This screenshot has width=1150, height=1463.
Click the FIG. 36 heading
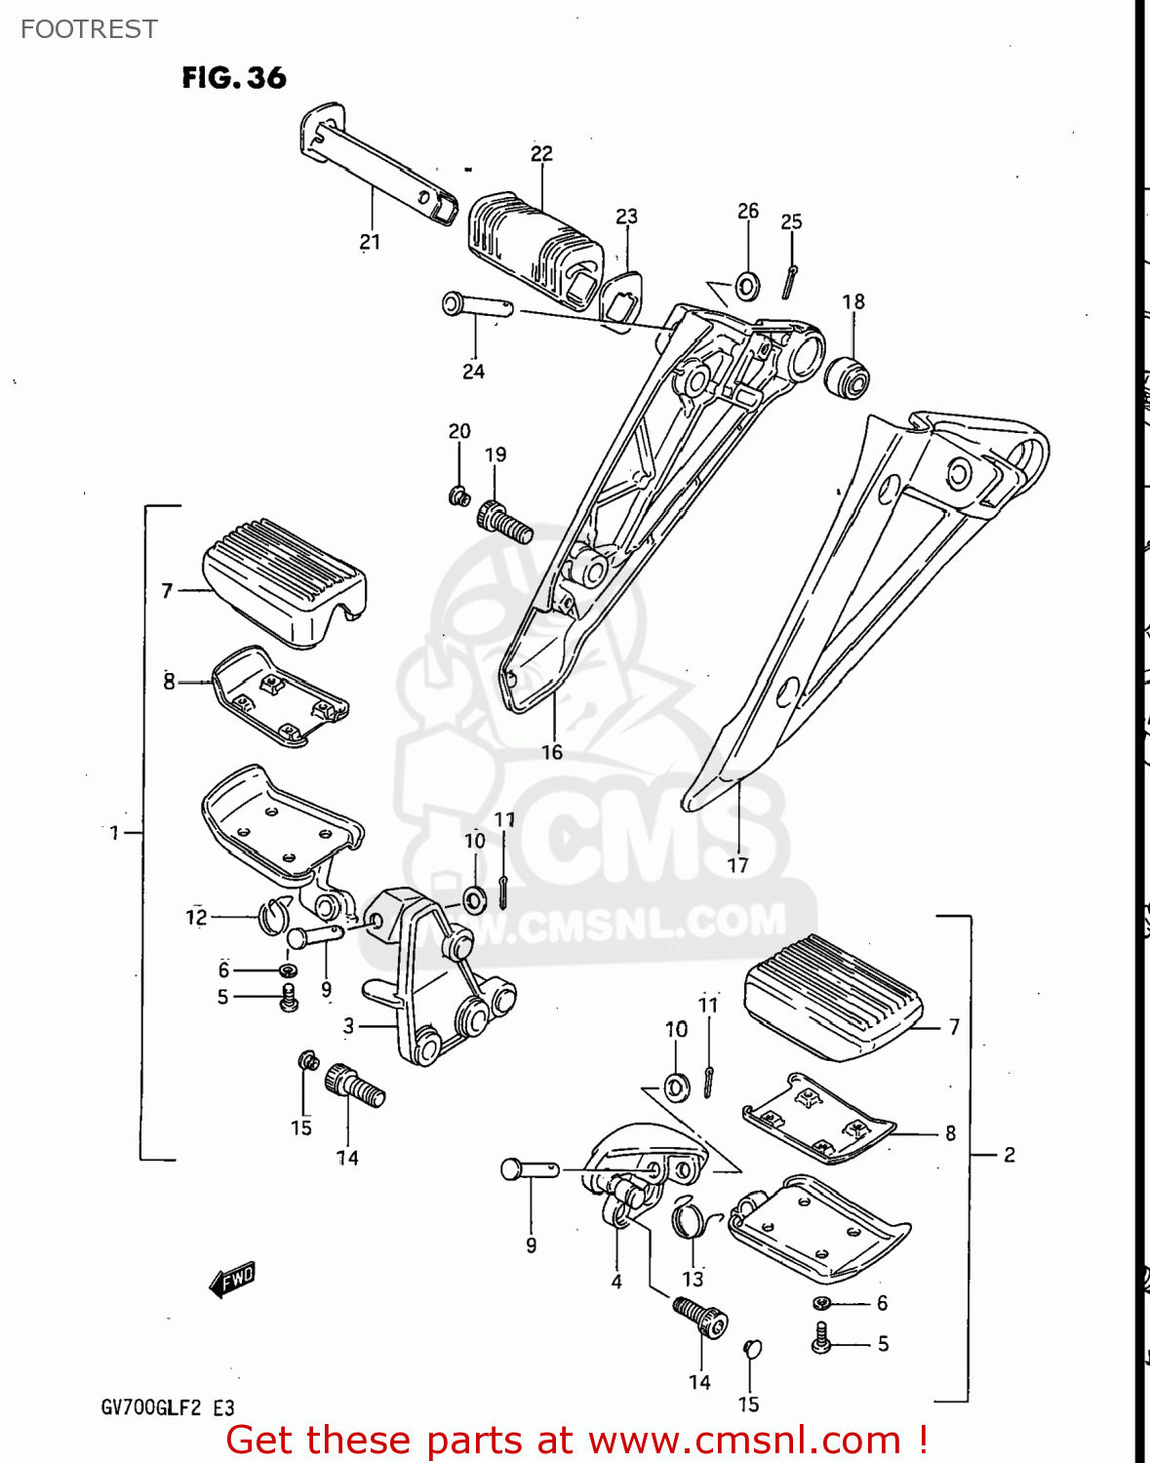(x=234, y=78)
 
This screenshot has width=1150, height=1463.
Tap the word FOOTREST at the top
(x=89, y=29)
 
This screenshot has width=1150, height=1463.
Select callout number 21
(x=370, y=242)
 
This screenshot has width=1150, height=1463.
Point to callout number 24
(x=473, y=372)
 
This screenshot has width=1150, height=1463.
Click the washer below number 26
(x=748, y=287)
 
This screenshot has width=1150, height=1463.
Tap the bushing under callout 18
(x=846, y=377)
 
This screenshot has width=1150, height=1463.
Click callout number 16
(x=552, y=752)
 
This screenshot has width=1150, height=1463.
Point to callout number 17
(x=737, y=865)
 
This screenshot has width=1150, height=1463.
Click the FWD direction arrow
(x=232, y=1280)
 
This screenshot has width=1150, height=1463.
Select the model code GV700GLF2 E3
(x=167, y=1407)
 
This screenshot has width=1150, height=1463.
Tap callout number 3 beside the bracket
(x=348, y=1026)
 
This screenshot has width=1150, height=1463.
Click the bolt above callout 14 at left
(x=356, y=1085)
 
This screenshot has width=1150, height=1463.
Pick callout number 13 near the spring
(x=693, y=1279)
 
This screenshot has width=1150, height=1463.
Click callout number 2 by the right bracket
(x=1010, y=1155)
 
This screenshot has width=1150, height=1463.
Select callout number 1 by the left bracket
(x=114, y=833)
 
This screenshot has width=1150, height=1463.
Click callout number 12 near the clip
(x=196, y=917)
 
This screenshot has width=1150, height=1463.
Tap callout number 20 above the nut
(x=459, y=431)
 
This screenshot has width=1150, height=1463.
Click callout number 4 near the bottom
(x=616, y=1282)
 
